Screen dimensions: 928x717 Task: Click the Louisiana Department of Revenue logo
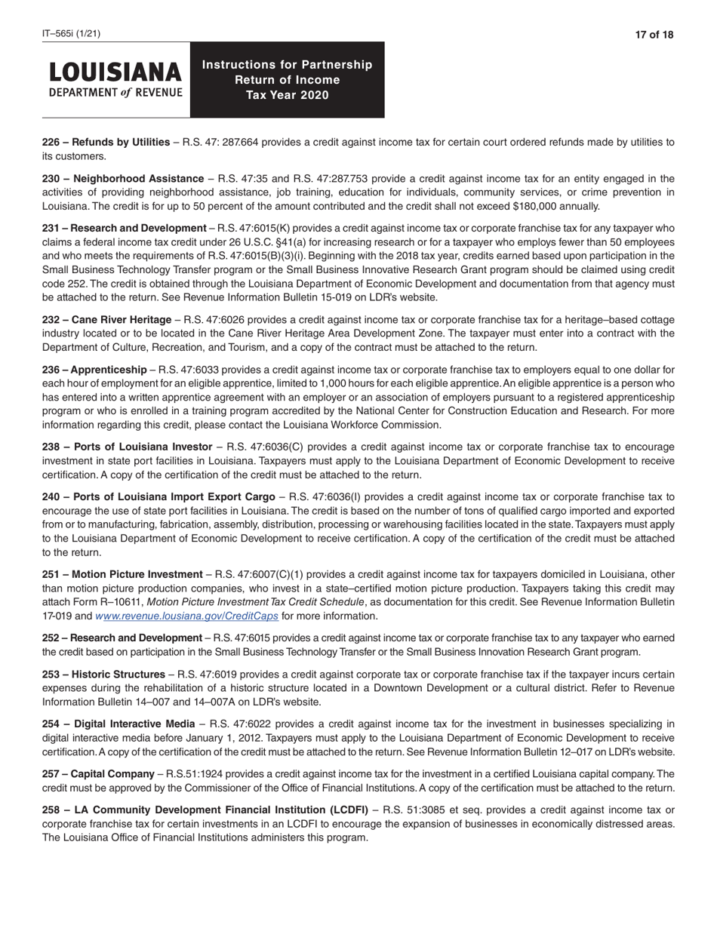[x=115, y=80]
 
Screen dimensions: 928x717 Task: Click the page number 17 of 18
[x=654, y=35]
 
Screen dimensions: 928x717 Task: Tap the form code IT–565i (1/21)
[x=71, y=34]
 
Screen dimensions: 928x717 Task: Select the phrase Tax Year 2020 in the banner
[x=287, y=95]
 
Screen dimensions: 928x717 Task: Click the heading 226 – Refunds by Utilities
[x=106, y=142]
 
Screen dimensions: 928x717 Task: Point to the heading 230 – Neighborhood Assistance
[x=122, y=179]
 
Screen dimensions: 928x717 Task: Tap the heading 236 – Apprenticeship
[x=94, y=370]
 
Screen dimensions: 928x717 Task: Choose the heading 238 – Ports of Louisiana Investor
[x=127, y=447]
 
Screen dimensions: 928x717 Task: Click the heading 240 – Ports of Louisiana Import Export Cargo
[x=158, y=497]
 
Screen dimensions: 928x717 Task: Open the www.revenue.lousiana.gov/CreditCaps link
[x=187, y=616]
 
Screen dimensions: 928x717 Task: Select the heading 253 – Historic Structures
[x=103, y=674]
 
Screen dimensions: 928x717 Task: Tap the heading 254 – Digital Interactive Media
[x=118, y=724]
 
